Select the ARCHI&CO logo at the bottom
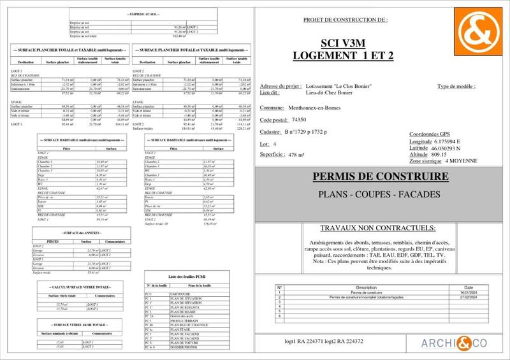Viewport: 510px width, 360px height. [454, 343]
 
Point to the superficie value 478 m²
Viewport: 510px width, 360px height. [293, 155]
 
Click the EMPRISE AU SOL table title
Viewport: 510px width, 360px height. [144, 13]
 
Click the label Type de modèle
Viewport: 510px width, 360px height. [456, 86]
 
